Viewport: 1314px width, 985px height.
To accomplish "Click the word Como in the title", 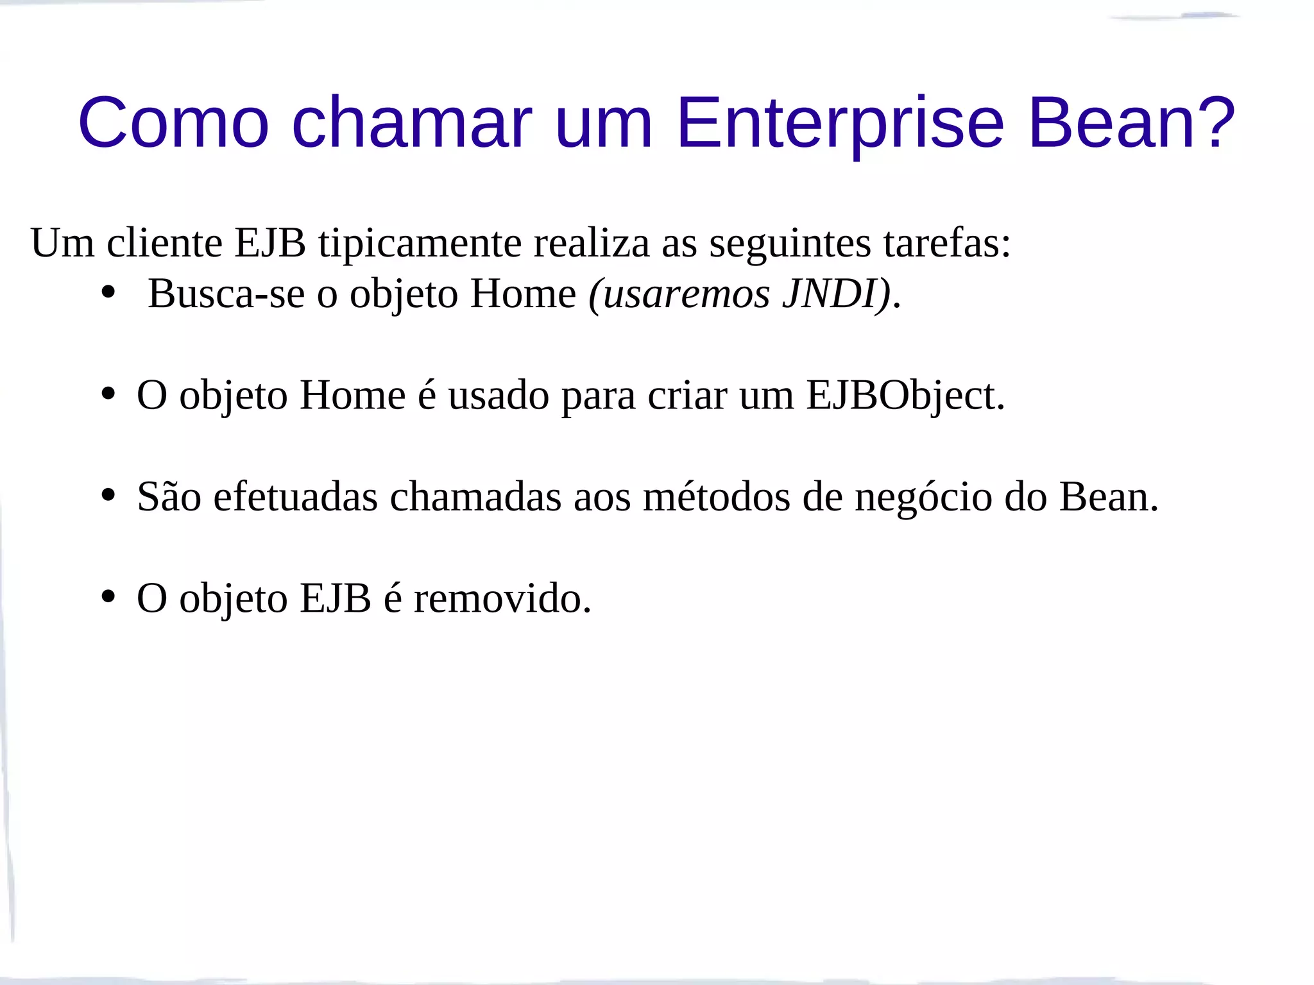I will coord(173,122).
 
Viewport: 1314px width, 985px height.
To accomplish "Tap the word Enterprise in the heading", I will coord(840,122).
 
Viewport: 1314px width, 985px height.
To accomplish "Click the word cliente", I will coord(164,244).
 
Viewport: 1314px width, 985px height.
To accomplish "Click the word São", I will coord(169,497).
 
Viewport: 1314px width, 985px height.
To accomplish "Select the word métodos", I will coord(717,497).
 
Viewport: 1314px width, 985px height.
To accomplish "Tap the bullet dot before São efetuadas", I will coord(108,495).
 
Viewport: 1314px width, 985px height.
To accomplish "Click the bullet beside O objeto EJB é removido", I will coord(108,596).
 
